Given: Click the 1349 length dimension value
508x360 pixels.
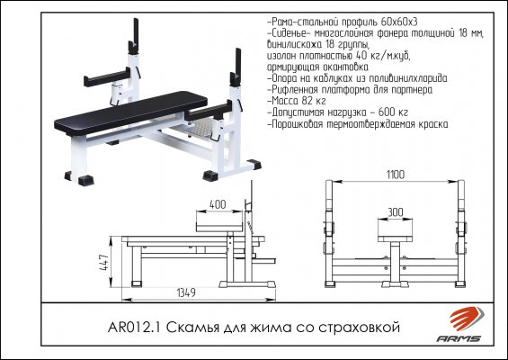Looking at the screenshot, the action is pyautogui.click(x=186, y=292).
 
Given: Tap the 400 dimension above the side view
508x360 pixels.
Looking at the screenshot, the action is pyautogui.click(x=218, y=204).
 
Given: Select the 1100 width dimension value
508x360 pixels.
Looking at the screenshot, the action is pyautogui.click(x=396, y=175).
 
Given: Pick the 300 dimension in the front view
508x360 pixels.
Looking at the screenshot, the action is pyautogui.click(x=396, y=212).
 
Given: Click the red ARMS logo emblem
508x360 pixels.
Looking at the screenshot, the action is pyautogui.click(x=467, y=319).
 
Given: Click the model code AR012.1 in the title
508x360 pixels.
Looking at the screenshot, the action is pyautogui.click(x=135, y=328).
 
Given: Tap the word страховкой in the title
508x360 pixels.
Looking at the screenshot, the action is pyautogui.click(x=359, y=328).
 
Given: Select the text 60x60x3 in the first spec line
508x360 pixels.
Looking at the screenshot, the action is pyautogui.click(x=399, y=22).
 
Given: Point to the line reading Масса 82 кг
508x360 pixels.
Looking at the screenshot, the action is pyautogui.click(x=297, y=101).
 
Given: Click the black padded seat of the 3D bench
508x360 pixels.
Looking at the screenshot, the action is pyautogui.click(x=130, y=112).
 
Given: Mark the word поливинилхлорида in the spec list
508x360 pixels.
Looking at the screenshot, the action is pyautogui.click(x=408, y=78).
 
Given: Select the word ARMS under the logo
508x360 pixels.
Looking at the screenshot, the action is pyautogui.click(x=459, y=338).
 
